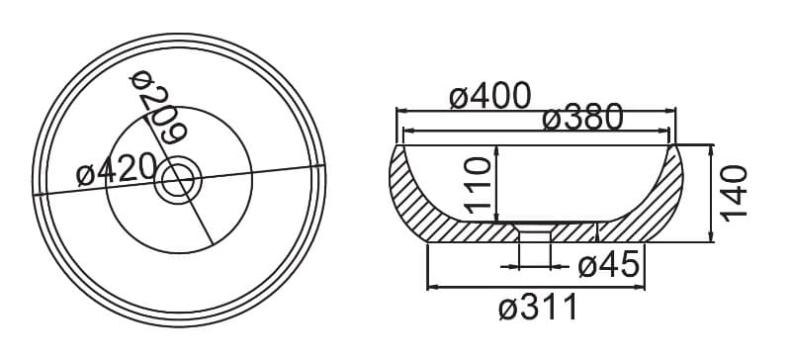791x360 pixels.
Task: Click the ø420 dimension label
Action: (x=117, y=170)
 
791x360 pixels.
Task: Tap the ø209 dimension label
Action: (x=158, y=106)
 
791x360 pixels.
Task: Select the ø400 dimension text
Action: (x=489, y=95)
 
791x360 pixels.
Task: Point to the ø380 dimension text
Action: (x=582, y=117)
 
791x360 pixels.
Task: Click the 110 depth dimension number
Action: (x=478, y=185)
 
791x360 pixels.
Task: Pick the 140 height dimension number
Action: (x=734, y=193)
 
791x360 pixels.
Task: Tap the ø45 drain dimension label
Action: (x=609, y=265)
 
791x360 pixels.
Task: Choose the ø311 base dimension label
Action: (x=538, y=307)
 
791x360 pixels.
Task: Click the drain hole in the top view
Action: (x=178, y=179)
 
